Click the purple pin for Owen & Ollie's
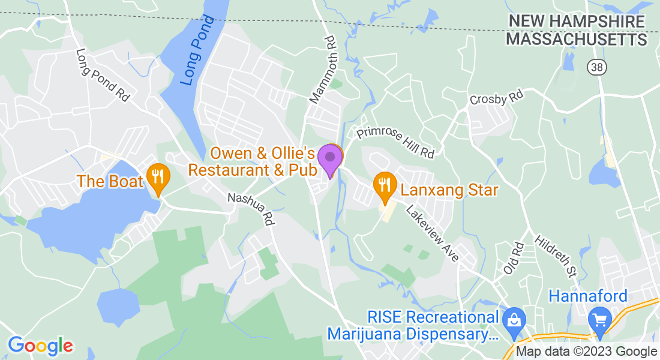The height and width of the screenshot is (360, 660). point(329,158)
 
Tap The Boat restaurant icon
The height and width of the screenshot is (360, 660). point(158,177)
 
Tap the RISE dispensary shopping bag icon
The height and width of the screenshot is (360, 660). point(514,319)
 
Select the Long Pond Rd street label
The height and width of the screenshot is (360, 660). point(103,75)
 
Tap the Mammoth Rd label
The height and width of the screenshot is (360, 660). point(322,69)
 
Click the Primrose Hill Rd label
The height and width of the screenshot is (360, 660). point(395,143)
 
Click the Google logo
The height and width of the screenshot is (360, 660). point(40,345)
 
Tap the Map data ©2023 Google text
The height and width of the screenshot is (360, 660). point(587,352)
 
